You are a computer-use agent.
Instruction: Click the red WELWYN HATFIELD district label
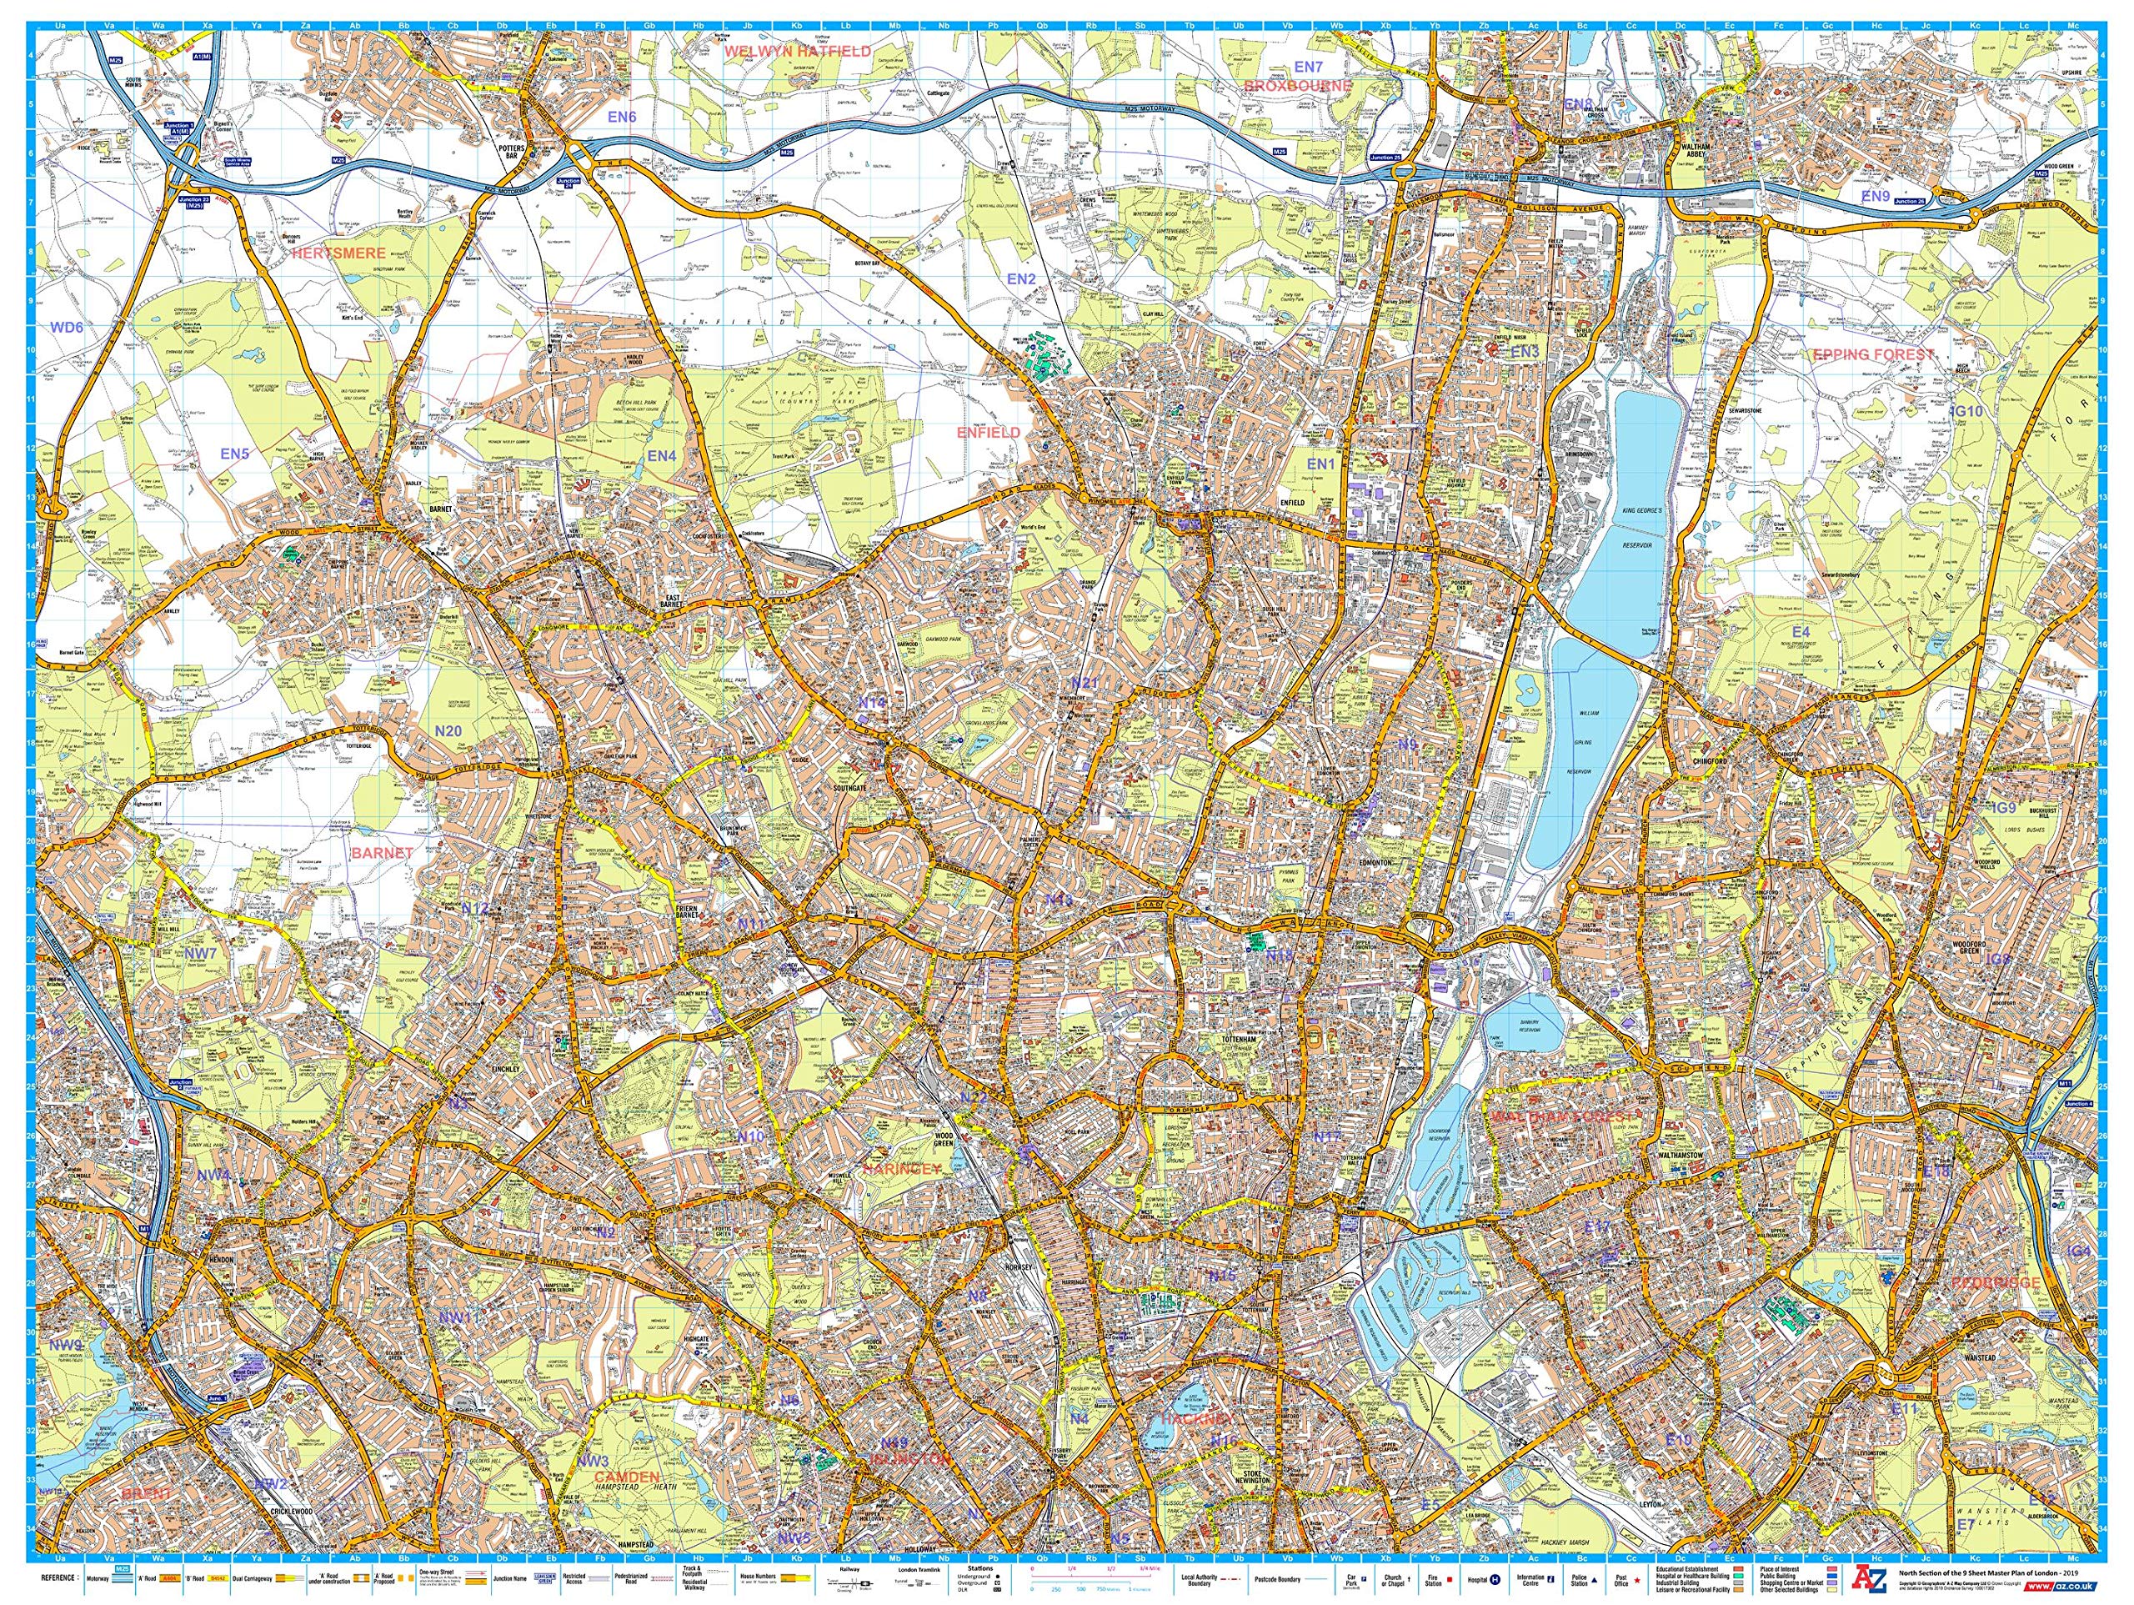(797, 50)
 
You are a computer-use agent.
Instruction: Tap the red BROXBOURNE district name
(1298, 85)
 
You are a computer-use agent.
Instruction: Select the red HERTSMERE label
(338, 253)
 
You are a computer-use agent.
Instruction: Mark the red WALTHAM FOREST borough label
(1571, 1116)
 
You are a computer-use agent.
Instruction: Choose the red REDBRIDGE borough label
(1996, 1282)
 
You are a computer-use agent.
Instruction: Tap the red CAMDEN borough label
(626, 1477)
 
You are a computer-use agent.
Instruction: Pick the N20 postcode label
(448, 731)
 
